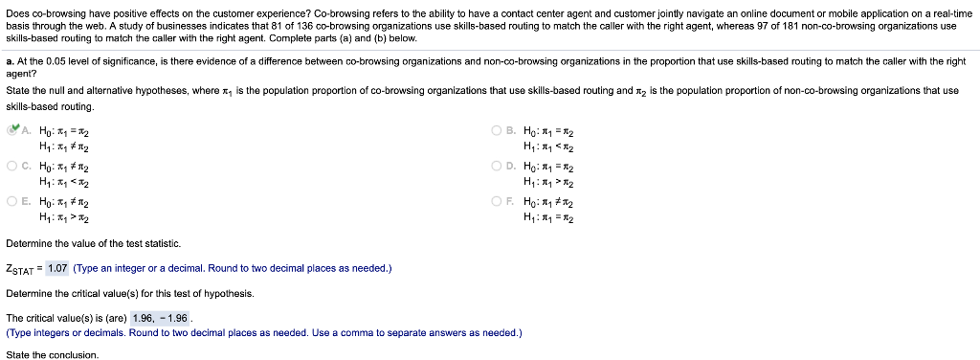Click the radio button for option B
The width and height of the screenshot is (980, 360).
pos(496,131)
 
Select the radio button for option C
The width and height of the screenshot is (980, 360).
pos(11,166)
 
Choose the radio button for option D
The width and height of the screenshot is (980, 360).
pos(496,166)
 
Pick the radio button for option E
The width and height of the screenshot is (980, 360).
pos(11,200)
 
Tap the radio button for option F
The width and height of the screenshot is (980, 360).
pos(496,200)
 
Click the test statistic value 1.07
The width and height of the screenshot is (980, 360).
pos(56,268)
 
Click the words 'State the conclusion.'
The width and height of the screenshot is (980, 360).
pos(52,354)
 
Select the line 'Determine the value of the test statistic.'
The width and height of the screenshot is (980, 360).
pos(93,244)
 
